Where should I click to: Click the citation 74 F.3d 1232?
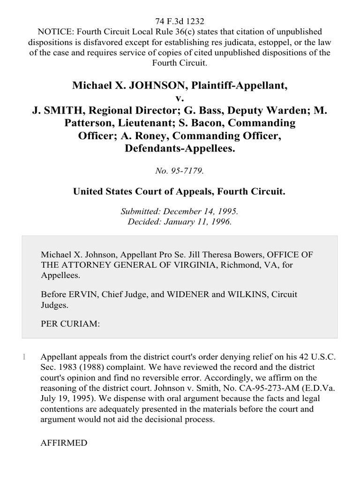coord(180,21)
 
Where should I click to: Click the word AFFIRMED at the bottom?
coord(64,442)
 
